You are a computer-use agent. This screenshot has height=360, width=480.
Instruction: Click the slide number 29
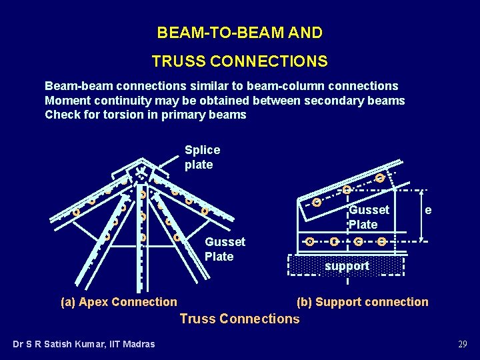[x=462, y=344]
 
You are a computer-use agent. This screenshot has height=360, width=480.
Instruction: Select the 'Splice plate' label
[x=202, y=157]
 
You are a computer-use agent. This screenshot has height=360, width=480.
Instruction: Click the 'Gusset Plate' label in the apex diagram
[x=225, y=249]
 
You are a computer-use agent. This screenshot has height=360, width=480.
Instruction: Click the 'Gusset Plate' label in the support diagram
[x=369, y=217]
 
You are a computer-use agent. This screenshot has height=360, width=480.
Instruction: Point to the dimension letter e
[x=428, y=211]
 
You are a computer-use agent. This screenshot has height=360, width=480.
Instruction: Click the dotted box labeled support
[x=347, y=266]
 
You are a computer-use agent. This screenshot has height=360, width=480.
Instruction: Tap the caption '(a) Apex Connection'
[x=119, y=302]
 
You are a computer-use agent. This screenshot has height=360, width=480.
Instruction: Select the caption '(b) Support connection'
[x=362, y=302]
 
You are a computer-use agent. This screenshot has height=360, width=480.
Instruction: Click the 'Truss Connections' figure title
[x=239, y=319]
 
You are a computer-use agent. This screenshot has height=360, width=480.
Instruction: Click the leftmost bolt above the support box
[x=310, y=241]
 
